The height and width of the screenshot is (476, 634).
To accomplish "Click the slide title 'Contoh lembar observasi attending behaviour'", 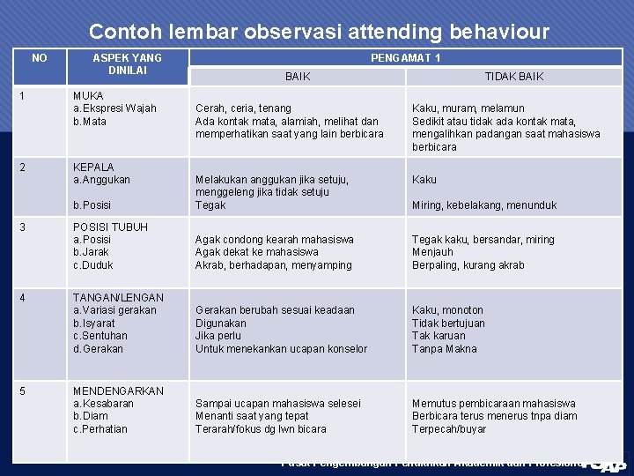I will [x=319, y=33].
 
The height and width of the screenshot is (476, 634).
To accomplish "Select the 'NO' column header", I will [x=40, y=58].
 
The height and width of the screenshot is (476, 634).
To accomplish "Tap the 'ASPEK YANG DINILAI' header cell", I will [x=128, y=64].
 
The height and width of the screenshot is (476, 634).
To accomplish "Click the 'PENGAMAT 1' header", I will [x=406, y=58].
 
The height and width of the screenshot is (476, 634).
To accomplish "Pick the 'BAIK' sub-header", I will [x=298, y=77].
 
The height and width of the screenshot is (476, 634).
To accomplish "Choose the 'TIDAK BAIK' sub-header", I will [x=514, y=77].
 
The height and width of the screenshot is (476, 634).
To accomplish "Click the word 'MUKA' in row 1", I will [x=88, y=95].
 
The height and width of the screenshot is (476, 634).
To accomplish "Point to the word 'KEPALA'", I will [x=93, y=167].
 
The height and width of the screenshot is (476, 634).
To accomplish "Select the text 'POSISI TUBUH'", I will [x=110, y=227].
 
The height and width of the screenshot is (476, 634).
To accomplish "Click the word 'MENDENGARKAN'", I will [x=118, y=390].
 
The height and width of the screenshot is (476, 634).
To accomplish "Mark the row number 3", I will [x=22, y=227].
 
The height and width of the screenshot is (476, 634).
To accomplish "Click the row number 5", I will [x=22, y=390].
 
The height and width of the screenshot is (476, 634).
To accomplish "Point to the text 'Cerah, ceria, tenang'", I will [x=243, y=108].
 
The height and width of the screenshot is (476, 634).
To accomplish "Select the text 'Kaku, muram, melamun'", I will [x=468, y=108].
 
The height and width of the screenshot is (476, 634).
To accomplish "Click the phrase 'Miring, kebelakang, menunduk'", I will [x=484, y=205].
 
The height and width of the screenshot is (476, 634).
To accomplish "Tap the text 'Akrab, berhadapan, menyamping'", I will [x=273, y=265].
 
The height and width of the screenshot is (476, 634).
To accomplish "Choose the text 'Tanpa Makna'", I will [x=444, y=349].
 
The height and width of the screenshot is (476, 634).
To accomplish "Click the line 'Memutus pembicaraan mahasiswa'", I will [x=493, y=404].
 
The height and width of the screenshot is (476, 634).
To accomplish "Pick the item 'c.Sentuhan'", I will [x=100, y=336].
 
